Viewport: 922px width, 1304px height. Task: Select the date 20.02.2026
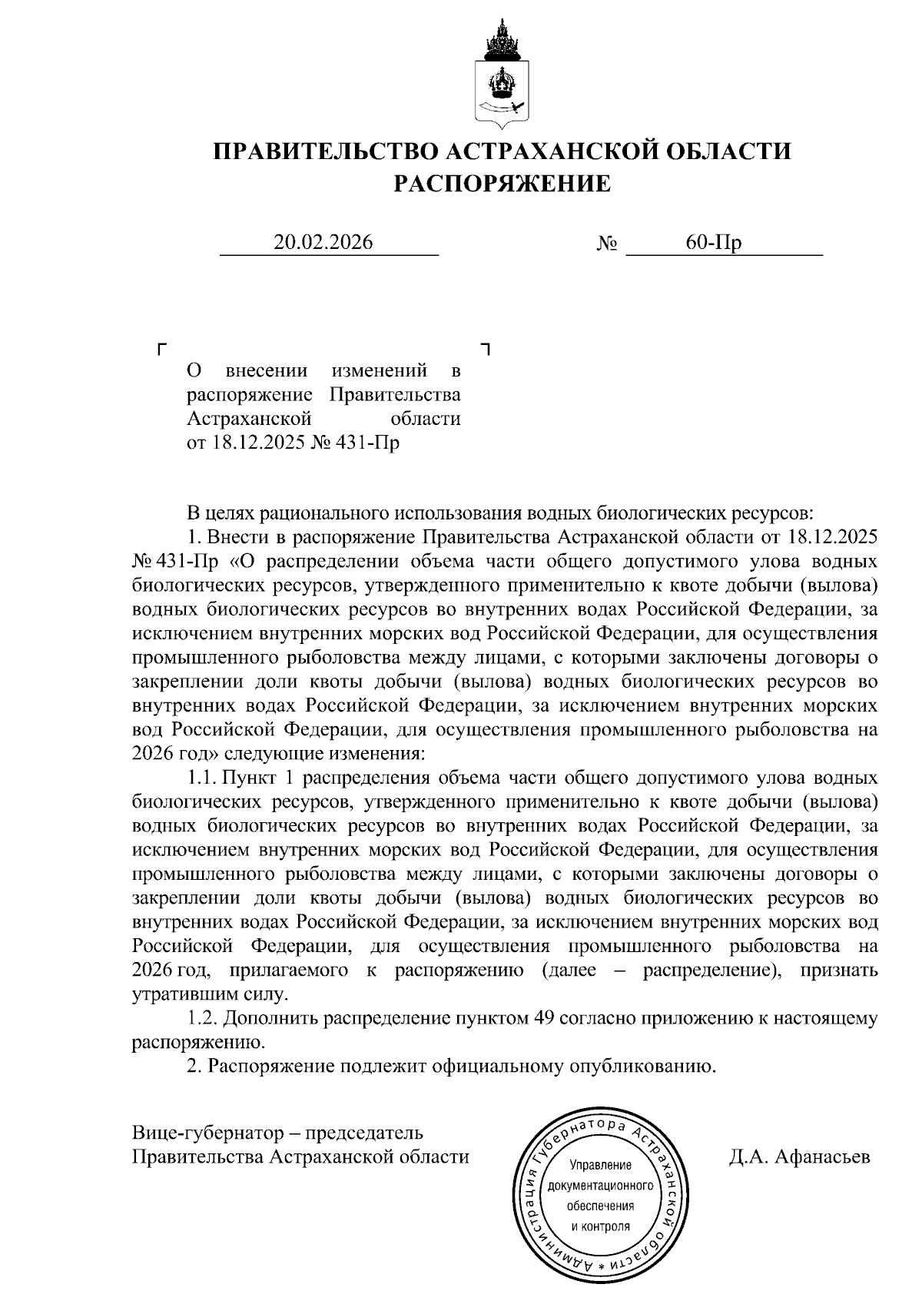pos(323,242)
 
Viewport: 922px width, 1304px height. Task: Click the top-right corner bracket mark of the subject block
pos(485,349)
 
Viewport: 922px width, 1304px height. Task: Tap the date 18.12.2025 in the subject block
pos(258,443)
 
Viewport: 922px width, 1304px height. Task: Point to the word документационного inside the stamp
pos(600,1186)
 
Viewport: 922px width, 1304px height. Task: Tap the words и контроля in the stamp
pos(600,1226)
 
